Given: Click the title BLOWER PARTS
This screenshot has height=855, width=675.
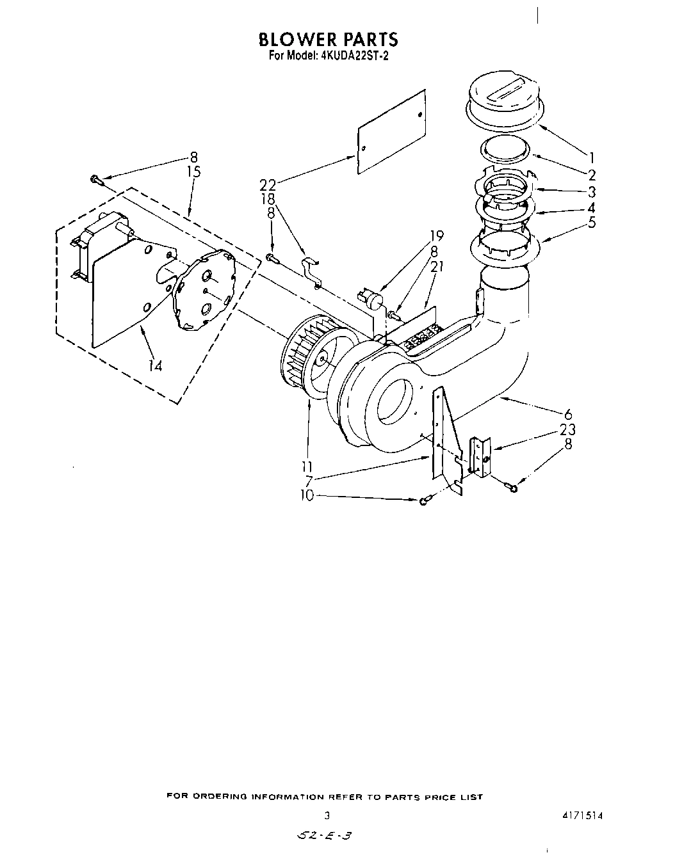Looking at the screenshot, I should (x=328, y=40).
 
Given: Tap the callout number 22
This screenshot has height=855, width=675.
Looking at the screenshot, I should (x=268, y=185).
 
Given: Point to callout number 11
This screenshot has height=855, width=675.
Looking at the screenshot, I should (x=309, y=466).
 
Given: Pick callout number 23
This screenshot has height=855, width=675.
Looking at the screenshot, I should (x=567, y=429).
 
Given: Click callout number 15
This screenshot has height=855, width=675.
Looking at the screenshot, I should (x=193, y=172).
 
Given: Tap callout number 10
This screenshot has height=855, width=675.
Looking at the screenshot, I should (x=307, y=495).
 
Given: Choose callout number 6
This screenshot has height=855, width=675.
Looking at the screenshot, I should (x=567, y=414).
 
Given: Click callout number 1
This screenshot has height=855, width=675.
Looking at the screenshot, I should (x=592, y=157).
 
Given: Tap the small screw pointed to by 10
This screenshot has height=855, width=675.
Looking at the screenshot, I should (x=424, y=502).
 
